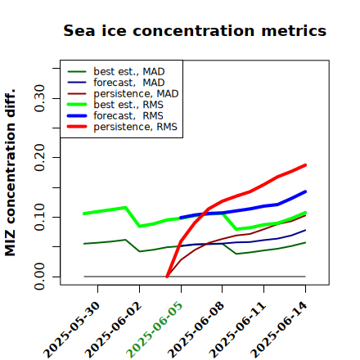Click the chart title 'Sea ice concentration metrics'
pyautogui.click(x=195, y=31)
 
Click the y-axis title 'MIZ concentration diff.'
pyautogui.click(x=10, y=173)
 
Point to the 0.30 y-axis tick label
pyautogui.click(x=39, y=98)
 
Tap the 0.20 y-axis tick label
pyautogui.click(x=39, y=158)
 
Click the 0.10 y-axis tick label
pyautogui.click(x=39, y=217)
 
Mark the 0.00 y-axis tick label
pyautogui.click(x=39, y=277)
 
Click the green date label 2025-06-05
pyautogui.click(x=155, y=330)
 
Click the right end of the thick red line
pyautogui.click(x=305, y=165)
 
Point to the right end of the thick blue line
pyautogui.click(x=305, y=191)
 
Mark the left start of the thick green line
pyautogui.click(x=84, y=214)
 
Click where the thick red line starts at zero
pyautogui.click(x=167, y=277)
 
